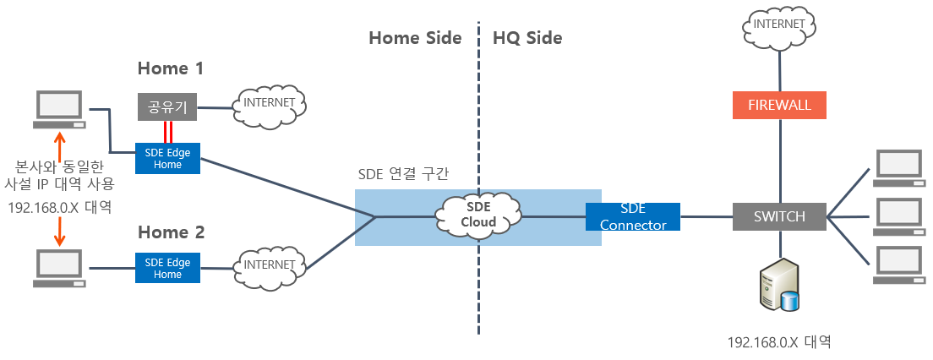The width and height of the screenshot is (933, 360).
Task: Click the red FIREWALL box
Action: pos(778,105)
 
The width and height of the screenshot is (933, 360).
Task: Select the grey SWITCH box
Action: pos(778,216)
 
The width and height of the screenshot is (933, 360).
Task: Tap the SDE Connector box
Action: pos(632,216)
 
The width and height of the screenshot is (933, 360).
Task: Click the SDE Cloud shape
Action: pos(478,215)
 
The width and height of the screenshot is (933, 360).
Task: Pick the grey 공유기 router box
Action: pos(167,106)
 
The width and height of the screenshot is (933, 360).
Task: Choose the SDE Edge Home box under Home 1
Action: pos(167,158)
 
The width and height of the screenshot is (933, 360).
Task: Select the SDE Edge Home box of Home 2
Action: pos(167,268)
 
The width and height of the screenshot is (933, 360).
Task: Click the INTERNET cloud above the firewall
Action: pos(778,26)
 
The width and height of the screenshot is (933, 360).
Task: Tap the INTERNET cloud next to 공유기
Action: pos(269,104)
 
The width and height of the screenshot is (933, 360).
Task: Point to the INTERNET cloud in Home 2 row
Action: pos(269,265)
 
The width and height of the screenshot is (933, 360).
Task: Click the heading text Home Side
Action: pos(415,38)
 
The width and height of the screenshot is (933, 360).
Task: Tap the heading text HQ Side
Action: pos(527,38)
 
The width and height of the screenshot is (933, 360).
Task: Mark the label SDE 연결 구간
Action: pos(404,173)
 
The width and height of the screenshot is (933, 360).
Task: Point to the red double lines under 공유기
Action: pos(168,131)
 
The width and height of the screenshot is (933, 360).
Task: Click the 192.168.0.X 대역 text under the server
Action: pos(778,342)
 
